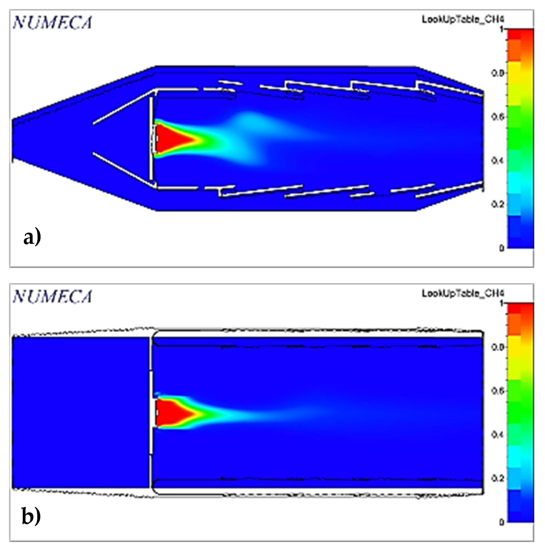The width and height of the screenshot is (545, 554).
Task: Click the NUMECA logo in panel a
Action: pos(52,23)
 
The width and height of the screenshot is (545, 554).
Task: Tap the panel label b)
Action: pos(32,516)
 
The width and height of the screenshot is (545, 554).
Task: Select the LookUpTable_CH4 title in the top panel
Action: pos(463,19)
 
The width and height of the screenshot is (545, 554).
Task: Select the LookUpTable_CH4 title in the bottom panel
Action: pos(463,293)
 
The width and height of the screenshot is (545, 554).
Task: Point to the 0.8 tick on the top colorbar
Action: pos(498,73)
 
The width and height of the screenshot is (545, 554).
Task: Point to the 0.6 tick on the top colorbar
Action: pos(498,117)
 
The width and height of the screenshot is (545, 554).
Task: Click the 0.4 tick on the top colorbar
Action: pos(498,161)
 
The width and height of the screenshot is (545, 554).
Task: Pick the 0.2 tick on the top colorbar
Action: pos(498,204)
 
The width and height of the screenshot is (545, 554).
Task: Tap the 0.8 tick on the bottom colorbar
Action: pos(498,347)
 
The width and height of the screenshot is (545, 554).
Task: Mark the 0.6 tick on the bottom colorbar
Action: pos(498,391)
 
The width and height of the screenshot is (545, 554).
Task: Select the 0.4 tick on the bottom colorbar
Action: pos(498,435)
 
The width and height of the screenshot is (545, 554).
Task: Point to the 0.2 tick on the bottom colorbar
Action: pos(498,478)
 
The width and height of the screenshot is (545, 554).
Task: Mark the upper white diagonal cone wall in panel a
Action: pos(123,107)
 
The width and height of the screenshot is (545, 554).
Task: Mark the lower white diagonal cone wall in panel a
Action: pos(123,169)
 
